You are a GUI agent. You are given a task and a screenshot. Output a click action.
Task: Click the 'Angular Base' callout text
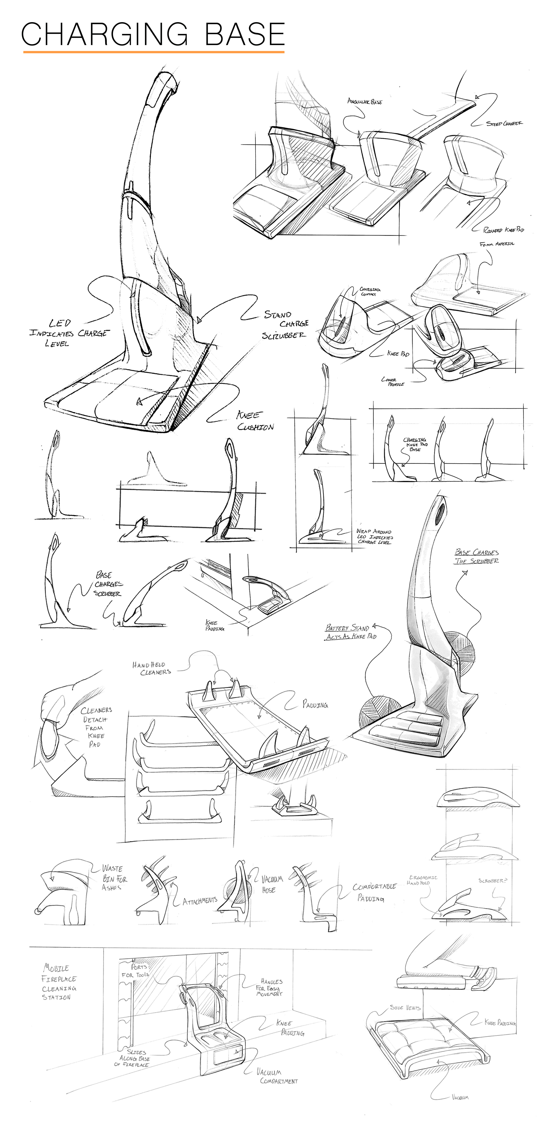(365, 102)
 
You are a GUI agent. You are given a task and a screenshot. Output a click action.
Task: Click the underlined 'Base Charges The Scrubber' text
(477, 557)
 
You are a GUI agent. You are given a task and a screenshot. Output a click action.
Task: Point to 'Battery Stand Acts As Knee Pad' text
(350, 632)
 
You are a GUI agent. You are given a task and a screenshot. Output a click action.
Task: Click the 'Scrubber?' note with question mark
(492, 881)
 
